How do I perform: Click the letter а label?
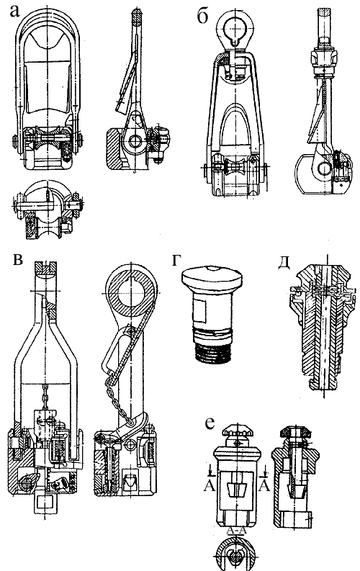tap(14, 12)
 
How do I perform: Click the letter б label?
tap(202, 16)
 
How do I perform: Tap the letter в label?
tap(17, 260)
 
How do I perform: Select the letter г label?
tap(176, 261)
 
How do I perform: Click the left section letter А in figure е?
tap(209, 485)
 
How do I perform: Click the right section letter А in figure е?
tap(264, 485)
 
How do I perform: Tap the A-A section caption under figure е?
tap(237, 530)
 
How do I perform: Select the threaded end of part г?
tap(213, 353)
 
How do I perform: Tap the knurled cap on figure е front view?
tap(237, 432)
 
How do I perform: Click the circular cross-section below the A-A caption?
tap(236, 552)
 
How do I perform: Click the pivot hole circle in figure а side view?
tap(136, 141)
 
